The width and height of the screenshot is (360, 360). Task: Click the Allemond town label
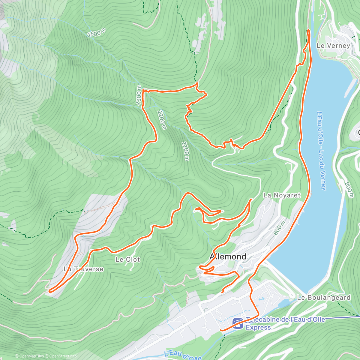coord(228,256)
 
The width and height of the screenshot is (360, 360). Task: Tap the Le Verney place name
coord(333,46)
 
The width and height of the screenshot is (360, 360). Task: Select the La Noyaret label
coord(282,195)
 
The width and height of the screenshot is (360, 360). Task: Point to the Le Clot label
coord(128,259)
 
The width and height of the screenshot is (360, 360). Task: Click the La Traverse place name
coord(83,269)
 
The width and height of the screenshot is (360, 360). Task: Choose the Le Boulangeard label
coord(324,298)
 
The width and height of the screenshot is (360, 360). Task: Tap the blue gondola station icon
coord(238,323)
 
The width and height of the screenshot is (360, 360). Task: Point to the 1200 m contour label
coord(161,120)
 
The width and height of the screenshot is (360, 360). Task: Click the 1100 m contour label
coord(185,151)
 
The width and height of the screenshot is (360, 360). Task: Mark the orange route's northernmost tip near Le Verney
coord(308,30)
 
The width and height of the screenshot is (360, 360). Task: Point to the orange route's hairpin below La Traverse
coord(49,290)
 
